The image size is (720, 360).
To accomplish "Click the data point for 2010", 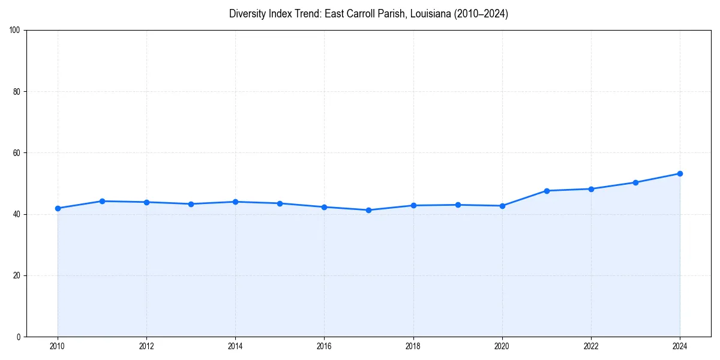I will (x=58, y=208).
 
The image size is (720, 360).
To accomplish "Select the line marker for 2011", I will (x=102, y=201).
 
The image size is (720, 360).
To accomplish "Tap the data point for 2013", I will (x=191, y=204).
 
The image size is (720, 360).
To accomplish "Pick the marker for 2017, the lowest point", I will (x=368, y=210).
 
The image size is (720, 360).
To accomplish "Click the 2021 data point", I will (x=547, y=191).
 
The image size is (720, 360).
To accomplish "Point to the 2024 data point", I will (x=680, y=173).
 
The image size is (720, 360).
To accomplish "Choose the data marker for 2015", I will (x=280, y=203).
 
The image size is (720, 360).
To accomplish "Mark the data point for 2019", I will (x=458, y=205).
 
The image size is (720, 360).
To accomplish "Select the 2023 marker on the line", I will (x=635, y=182).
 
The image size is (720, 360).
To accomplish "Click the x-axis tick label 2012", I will (x=146, y=346).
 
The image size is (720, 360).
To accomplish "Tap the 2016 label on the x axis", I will (x=324, y=346).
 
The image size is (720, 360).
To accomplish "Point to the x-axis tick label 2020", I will (x=502, y=346).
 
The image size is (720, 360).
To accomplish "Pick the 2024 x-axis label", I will (x=680, y=346).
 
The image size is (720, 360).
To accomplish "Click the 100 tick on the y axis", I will (x=15, y=31).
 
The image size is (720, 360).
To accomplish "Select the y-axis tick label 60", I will (x=17, y=153).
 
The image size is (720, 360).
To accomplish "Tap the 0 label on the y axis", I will (x=19, y=337).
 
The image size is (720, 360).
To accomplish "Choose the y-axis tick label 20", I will (x=17, y=275).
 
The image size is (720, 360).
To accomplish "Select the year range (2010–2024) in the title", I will (x=481, y=14).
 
